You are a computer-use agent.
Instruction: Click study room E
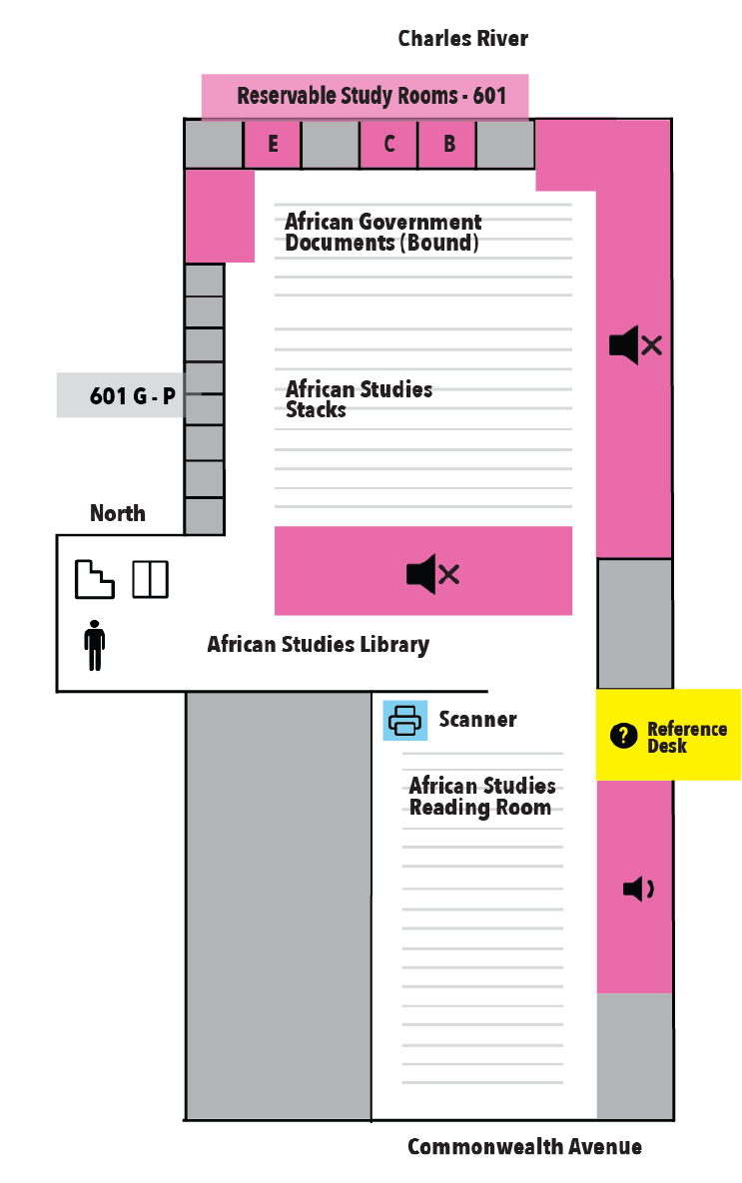(273, 144)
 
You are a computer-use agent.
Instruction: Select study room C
(388, 144)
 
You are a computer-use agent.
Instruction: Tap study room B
(447, 144)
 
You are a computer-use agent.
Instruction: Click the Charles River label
(462, 39)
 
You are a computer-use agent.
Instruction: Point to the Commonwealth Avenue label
(524, 1147)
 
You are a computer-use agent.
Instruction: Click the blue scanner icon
(405, 720)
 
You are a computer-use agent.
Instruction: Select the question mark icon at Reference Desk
(623, 735)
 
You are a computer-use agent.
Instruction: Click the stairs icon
(94, 579)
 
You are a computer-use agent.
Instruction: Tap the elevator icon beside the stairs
(150, 579)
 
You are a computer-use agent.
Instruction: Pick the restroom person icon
(94, 645)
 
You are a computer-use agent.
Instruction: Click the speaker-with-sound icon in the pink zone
(638, 888)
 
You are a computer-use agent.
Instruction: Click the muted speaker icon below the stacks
(432, 574)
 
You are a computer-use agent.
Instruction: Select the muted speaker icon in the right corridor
(635, 344)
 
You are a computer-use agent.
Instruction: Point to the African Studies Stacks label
(359, 399)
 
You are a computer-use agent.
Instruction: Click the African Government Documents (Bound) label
(382, 232)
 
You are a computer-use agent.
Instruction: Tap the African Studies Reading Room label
(481, 796)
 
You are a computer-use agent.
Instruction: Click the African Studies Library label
(318, 644)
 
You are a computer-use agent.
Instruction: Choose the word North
(117, 513)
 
